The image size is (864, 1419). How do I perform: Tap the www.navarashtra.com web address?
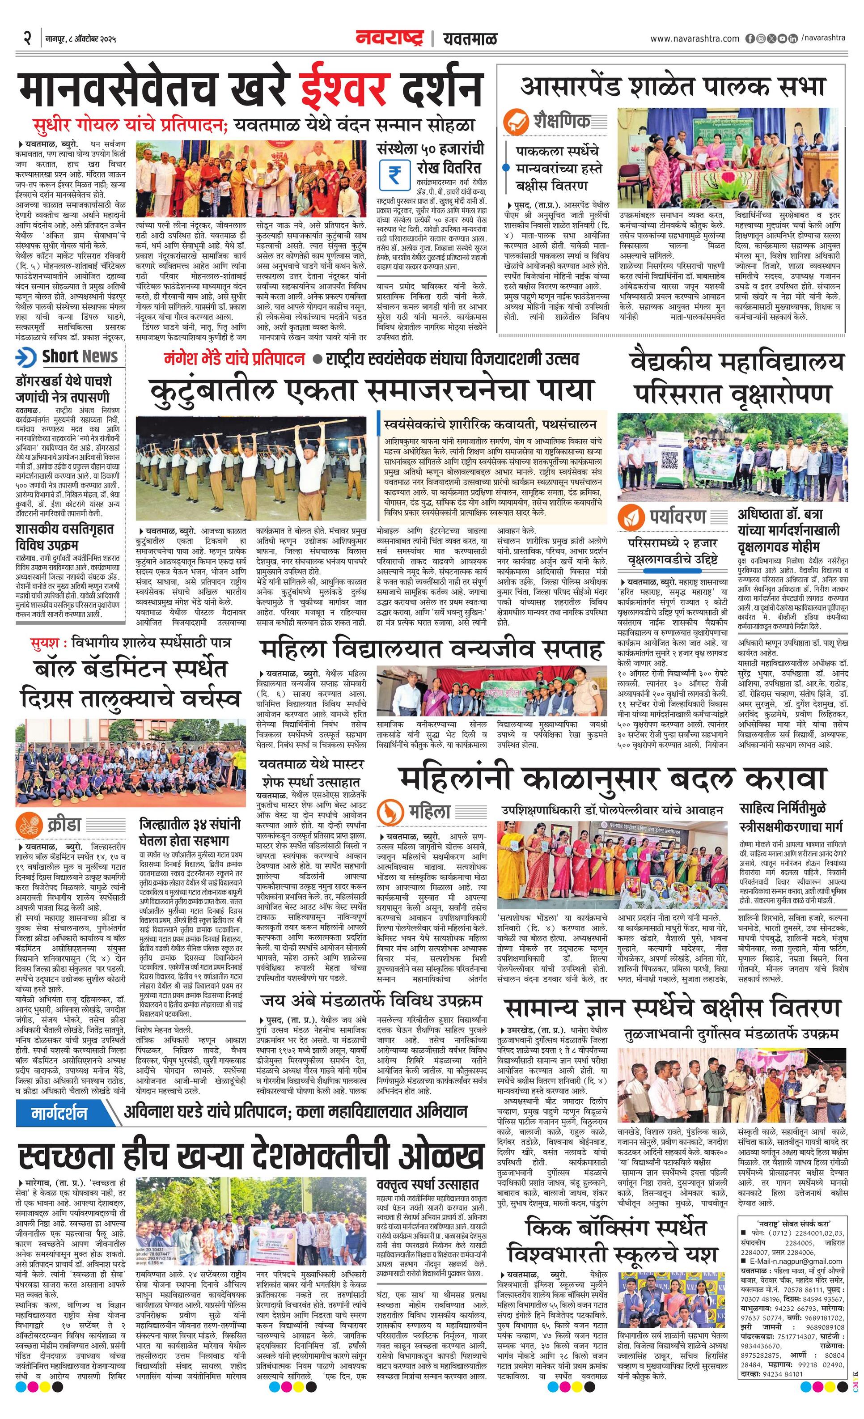[x=694, y=38]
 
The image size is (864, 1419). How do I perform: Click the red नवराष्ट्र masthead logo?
[x=390, y=38]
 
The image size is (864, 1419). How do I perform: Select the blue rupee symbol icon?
[x=394, y=174]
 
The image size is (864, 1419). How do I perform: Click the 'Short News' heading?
[x=80, y=357]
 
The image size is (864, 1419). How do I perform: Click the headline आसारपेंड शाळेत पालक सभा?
[x=673, y=86]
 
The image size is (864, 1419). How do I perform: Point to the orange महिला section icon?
[x=390, y=813]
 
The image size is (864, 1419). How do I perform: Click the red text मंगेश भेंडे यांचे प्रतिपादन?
[x=234, y=359]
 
